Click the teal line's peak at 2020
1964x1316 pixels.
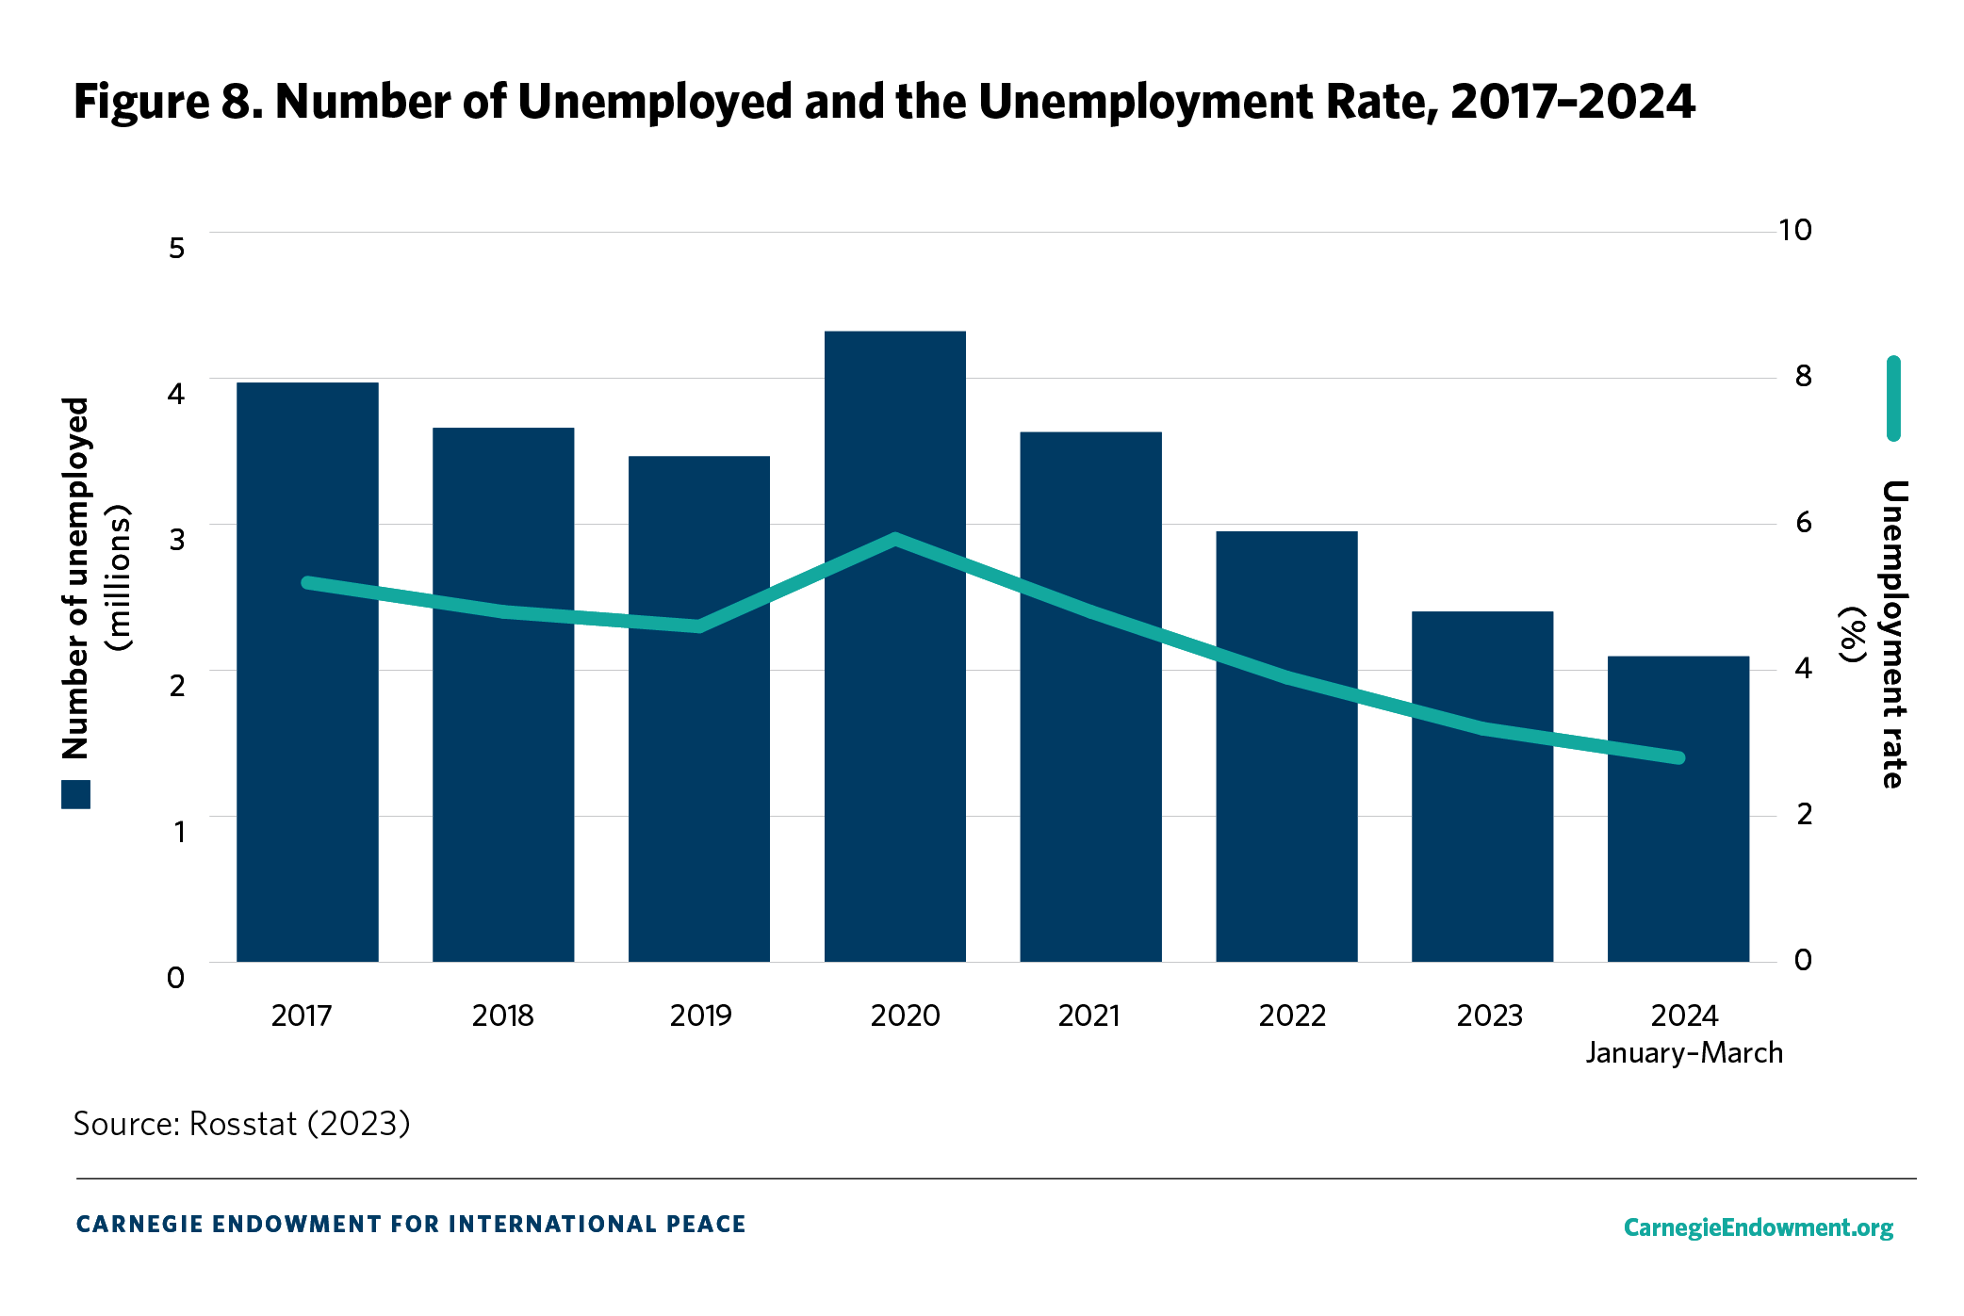click(x=895, y=540)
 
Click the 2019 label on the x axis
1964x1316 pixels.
click(x=700, y=1015)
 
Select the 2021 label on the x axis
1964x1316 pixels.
click(x=1088, y=1015)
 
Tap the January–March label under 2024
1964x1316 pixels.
click(x=1684, y=1052)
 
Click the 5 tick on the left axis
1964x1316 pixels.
click(x=176, y=248)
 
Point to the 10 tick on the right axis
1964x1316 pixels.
click(x=1794, y=230)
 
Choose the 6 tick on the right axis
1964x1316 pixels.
click(x=1803, y=522)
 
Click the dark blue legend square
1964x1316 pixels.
click(x=76, y=794)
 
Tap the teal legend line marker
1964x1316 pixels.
click(x=1893, y=398)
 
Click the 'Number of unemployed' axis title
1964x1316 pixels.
click(x=75, y=577)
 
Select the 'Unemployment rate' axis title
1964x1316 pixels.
click(x=1893, y=634)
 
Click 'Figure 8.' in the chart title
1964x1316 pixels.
click(x=168, y=102)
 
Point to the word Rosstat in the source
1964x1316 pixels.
click(x=243, y=1124)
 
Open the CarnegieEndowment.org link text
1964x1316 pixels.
click(x=1758, y=1227)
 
